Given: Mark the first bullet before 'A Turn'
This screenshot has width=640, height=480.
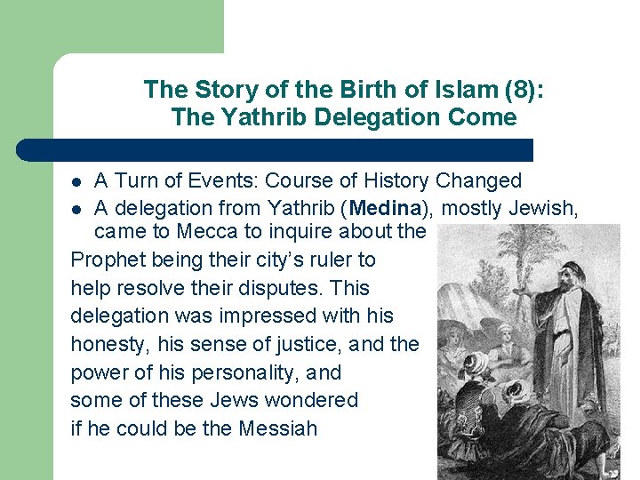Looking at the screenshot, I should coord(77,182).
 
